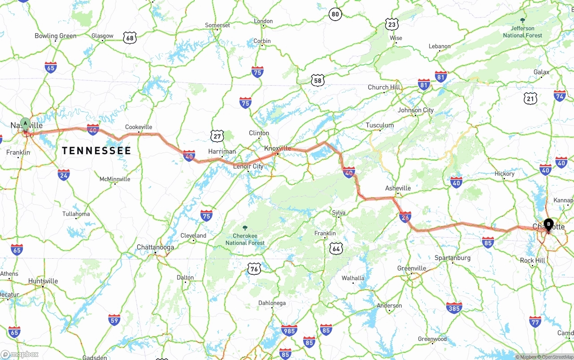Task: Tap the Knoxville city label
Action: pos(278,148)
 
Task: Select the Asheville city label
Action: pos(398,188)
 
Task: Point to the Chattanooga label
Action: pos(155,247)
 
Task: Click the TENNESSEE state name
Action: pos(96,151)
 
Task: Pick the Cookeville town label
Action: pos(139,127)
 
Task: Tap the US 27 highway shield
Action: pos(217,136)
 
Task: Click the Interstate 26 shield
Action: pos(405,217)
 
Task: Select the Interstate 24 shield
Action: pos(64,175)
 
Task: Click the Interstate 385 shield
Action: pos(454,308)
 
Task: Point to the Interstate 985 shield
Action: pos(289,330)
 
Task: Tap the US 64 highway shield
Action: pos(336,249)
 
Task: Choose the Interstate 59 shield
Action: pos(114,320)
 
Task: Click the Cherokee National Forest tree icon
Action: pos(245,228)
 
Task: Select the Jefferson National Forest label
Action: pos(522,32)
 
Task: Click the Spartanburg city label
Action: pos(452,258)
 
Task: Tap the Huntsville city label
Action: pos(43,281)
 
